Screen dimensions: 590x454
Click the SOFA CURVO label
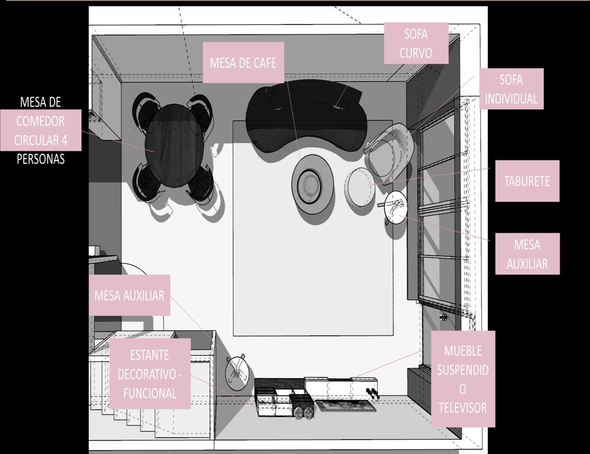coord(416,43)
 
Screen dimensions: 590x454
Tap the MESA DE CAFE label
coord(243,63)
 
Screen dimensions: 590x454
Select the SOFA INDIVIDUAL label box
coord(511,89)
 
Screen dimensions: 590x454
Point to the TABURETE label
coord(527,182)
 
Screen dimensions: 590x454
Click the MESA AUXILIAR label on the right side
coord(527,254)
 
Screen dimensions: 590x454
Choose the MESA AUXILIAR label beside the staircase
coord(129,295)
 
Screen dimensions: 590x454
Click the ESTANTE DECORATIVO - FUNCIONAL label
coord(149,374)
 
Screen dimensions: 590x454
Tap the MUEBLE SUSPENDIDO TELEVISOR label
coord(463,379)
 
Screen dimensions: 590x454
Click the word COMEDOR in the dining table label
coord(40,121)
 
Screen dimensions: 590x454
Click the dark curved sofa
coord(306,117)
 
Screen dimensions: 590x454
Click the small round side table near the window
coord(396,207)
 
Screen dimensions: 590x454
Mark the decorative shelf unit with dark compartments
coord(283,401)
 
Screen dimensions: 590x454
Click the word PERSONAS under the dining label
coord(40,159)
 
